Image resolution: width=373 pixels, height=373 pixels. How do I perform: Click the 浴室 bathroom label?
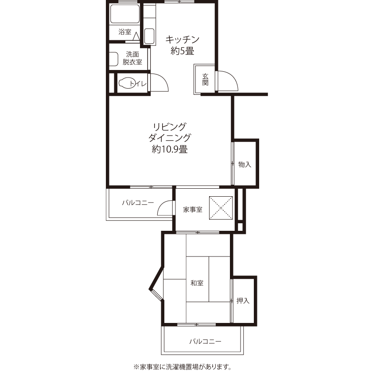tap(124, 31)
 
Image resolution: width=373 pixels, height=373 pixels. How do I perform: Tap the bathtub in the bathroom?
tap(124, 14)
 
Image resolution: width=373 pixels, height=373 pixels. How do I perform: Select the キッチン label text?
tap(182, 39)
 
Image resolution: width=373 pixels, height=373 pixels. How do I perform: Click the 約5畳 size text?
tap(182, 51)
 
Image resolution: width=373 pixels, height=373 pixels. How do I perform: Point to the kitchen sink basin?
tap(149, 36)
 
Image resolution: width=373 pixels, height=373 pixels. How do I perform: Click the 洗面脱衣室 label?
tap(132, 58)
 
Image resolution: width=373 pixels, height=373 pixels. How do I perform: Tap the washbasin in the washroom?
tap(114, 59)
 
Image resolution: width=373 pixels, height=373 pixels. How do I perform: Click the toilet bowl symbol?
tap(126, 83)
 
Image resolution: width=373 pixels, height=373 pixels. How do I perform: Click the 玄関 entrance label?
tap(205, 79)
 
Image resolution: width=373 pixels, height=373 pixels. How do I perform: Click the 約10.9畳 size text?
tap(170, 149)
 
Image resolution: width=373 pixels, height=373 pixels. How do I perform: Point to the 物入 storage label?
tap(245, 164)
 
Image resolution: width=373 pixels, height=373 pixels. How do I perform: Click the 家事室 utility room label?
tap(192, 210)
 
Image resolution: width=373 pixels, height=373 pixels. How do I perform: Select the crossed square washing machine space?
tap(221, 208)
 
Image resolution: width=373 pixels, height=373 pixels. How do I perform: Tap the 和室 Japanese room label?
tap(197, 283)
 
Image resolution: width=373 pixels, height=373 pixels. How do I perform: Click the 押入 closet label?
tap(243, 301)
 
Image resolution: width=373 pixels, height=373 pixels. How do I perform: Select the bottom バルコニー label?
tap(205, 342)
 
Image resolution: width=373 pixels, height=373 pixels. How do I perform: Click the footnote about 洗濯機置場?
tap(182, 367)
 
